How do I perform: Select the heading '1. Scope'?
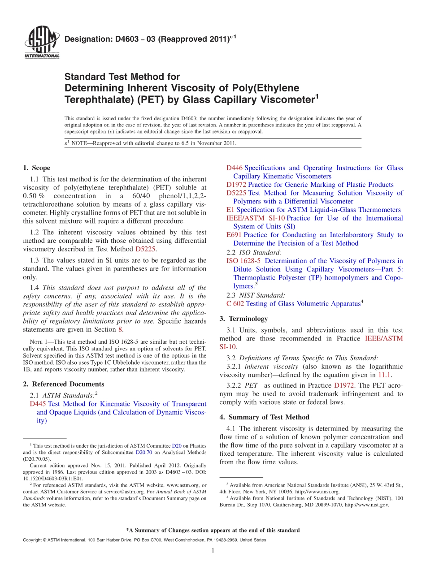click(x=36, y=168)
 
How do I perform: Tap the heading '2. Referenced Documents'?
click(x=63, y=384)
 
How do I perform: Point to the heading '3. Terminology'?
click(x=243, y=319)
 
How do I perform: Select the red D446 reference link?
click(x=235, y=168)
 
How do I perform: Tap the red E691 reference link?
click(x=234, y=235)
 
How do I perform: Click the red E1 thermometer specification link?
click(x=230, y=210)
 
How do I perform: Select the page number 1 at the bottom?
click(x=213, y=550)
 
